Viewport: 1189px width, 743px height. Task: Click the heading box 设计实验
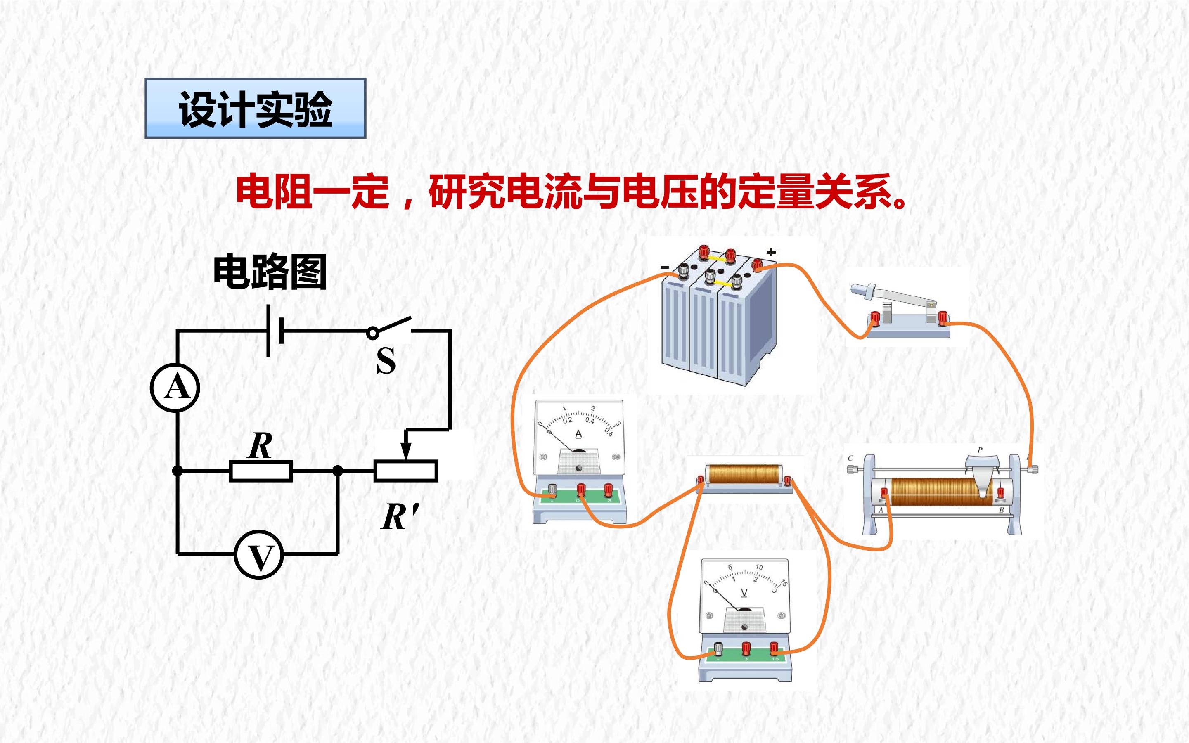click(256, 108)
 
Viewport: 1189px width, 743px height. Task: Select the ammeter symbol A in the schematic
click(175, 388)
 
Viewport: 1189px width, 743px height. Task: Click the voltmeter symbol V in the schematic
click(259, 555)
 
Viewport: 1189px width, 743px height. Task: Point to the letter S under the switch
click(386, 360)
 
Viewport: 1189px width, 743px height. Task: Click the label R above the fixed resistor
click(261, 446)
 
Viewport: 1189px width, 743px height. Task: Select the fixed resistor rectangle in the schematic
click(261, 471)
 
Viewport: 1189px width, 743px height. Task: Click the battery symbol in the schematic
click(275, 330)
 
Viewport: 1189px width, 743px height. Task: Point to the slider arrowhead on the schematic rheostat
click(406, 450)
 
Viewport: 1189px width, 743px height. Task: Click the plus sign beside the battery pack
click(771, 253)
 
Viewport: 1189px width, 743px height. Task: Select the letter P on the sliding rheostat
click(980, 450)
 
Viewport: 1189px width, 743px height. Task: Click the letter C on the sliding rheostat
click(850, 458)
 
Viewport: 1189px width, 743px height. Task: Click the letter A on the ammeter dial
click(578, 434)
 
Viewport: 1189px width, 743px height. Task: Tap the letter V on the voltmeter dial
click(744, 593)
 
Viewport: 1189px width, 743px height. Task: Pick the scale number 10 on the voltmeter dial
click(759, 567)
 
